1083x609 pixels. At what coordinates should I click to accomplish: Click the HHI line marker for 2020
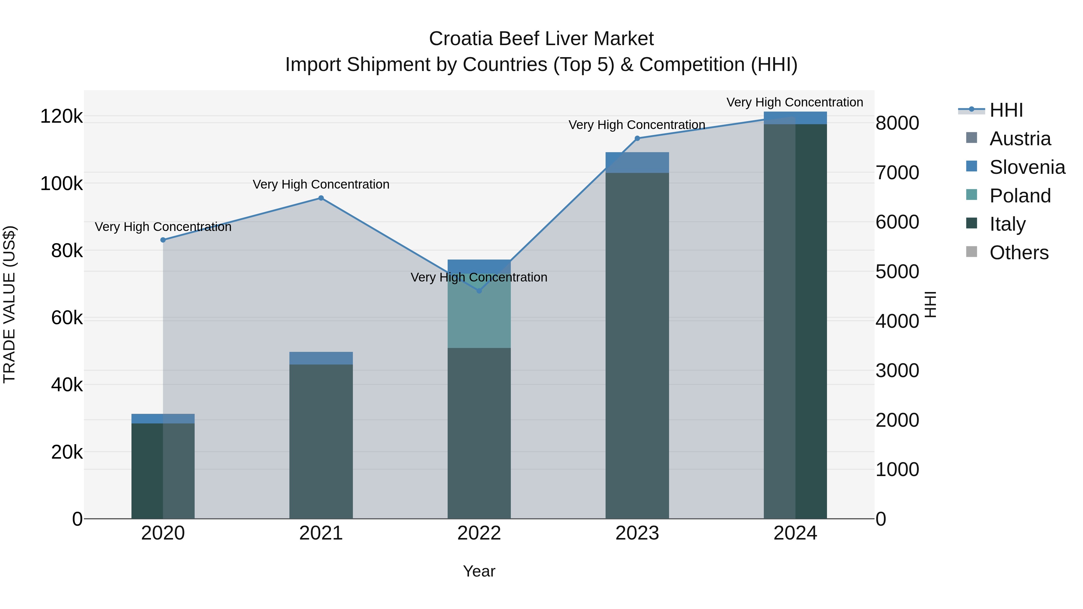[x=163, y=240]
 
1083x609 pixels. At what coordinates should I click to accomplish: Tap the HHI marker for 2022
[x=479, y=291]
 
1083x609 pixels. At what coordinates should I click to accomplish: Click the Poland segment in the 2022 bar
[x=479, y=311]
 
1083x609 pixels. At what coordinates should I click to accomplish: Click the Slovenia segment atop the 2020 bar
[x=163, y=419]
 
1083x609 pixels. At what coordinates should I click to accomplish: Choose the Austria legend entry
[x=1020, y=139]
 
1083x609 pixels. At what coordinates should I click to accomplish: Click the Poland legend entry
[x=1020, y=196]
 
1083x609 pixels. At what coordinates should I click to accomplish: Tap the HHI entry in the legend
[x=1006, y=110]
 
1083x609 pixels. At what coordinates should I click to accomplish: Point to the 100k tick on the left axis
[x=61, y=184]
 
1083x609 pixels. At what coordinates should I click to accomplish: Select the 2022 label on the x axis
[x=479, y=533]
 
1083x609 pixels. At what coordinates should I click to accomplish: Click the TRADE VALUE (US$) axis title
[x=9, y=304]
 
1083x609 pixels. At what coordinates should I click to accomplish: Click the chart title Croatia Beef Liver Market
[x=541, y=39]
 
